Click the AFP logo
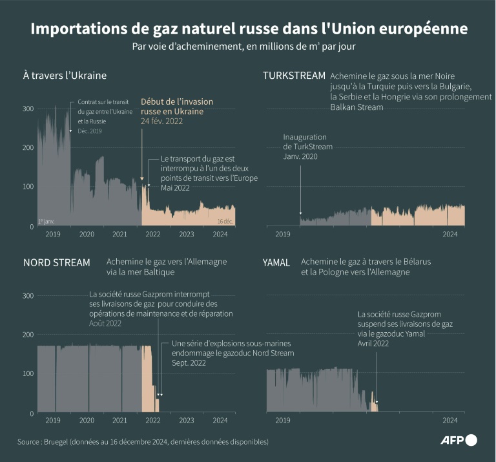pyautogui.click(x=459, y=441)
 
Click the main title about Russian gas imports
pyautogui.click(x=248, y=30)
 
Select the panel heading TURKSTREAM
pyautogui.click(x=294, y=76)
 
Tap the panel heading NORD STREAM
pyautogui.click(x=56, y=262)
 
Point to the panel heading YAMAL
pyautogui.click(x=276, y=262)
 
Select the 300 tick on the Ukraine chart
pyautogui.click(x=28, y=109)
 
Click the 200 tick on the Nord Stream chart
pyautogui.click(x=28, y=335)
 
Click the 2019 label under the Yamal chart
pyautogui.click(x=284, y=421)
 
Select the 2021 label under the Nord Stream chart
pyautogui.click(x=119, y=421)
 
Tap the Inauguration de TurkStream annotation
pyautogui.click(x=308, y=147)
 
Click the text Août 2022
pyautogui.click(x=106, y=323)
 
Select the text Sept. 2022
pyautogui.click(x=189, y=363)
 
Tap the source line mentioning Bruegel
pyautogui.click(x=143, y=442)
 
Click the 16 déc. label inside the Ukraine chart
pyautogui.click(x=225, y=221)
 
